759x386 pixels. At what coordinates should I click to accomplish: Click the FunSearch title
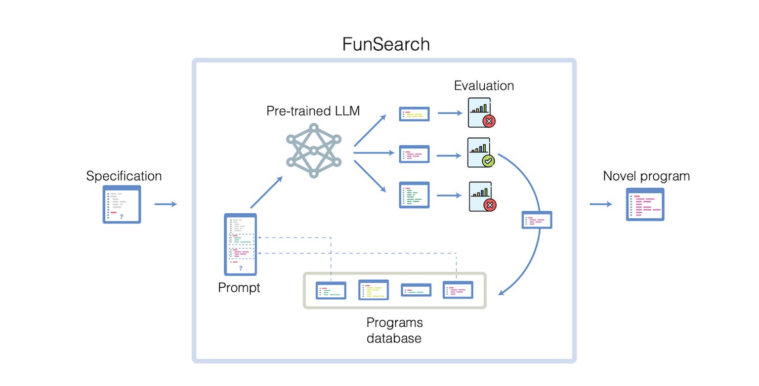(386, 44)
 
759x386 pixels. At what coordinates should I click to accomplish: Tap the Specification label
(124, 176)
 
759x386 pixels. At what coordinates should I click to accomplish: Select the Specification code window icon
(122, 204)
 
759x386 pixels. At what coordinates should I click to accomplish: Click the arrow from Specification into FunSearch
(165, 204)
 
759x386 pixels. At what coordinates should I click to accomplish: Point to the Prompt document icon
(240, 244)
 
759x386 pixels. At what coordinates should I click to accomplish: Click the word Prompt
(239, 288)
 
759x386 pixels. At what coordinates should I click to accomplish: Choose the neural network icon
(314, 150)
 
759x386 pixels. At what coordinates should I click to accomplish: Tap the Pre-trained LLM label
(313, 111)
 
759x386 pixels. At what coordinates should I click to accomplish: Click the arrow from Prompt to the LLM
(266, 192)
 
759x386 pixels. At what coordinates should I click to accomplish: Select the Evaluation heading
(484, 86)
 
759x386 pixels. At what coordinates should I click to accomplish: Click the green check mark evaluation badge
(488, 161)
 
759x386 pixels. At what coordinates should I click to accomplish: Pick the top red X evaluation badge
(489, 121)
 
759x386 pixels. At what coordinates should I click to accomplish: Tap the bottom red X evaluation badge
(489, 205)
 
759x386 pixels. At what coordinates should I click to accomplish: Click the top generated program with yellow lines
(414, 114)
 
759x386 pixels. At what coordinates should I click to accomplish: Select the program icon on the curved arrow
(536, 220)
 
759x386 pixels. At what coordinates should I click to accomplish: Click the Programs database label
(394, 330)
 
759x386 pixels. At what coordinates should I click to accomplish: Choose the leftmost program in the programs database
(331, 290)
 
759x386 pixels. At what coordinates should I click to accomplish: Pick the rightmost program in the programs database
(457, 290)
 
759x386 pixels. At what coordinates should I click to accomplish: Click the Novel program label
(646, 176)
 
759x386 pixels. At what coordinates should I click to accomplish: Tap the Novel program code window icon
(645, 204)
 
